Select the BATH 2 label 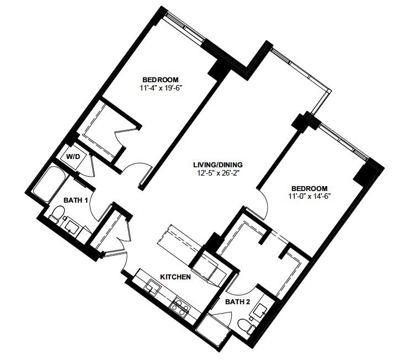click(238, 302)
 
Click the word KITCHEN click(175, 277)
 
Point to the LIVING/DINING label click(218, 164)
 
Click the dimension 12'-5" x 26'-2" click(218, 172)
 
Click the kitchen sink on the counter click(153, 287)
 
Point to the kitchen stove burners click(180, 305)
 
